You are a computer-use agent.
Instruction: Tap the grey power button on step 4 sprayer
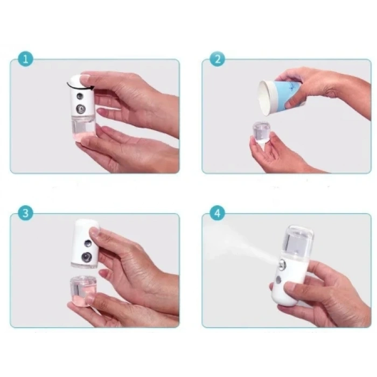coord(278,280)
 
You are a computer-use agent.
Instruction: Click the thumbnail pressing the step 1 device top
coord(85,78)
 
